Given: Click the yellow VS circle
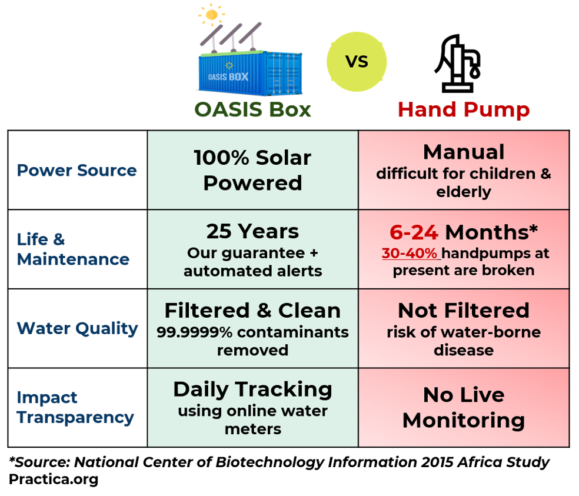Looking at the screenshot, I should (x=357, y=62).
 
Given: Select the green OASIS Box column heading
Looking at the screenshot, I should (x=253, y=109).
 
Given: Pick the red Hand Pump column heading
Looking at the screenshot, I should (x=464, y=109).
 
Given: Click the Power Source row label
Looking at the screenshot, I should (x=76, y=171).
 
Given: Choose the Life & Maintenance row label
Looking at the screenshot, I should (x=72, y=249).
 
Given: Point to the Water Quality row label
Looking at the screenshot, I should (x=77, y=328).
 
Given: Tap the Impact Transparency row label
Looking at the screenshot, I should (x=75, y=407).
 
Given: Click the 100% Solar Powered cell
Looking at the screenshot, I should (x=252, y=170).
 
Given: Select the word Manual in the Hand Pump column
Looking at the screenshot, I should (x=464, y=152).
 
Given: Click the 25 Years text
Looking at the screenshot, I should (x=252, y=231).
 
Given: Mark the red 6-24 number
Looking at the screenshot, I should (x=414, y=232).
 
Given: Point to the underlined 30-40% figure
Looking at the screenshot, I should (x=410, y=253).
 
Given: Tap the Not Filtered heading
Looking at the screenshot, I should (x=464, y=310).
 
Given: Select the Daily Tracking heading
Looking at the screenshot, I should (x=252, y=389).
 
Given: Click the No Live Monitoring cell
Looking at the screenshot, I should (x=464, y=407).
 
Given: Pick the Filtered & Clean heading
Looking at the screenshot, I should (x=252, y=310).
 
